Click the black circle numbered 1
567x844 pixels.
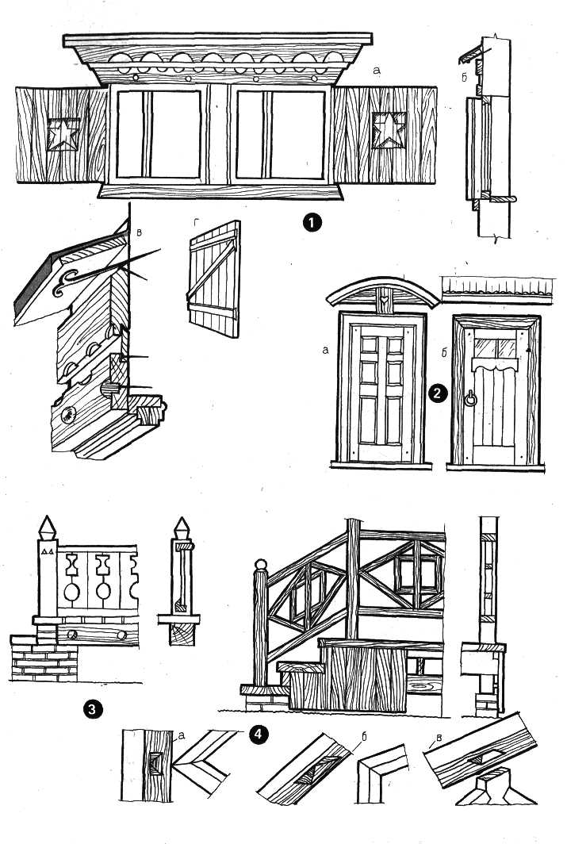(x=312, y=222)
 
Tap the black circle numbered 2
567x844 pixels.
(x=438, y=393)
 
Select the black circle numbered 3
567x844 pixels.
(x=93, y=709)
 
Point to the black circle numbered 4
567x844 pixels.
(x=259, y=735)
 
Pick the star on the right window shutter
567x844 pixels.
(x=389, y=130)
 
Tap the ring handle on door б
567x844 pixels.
(x=471, y=400)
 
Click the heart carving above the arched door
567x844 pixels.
(x=383, y=295)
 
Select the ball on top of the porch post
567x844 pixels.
(x=260, y=565)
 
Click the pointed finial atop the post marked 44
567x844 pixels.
(x=48, y=527)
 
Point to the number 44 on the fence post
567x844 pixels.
(x=48, y=551)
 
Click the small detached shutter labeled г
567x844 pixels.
(x=214, y=279)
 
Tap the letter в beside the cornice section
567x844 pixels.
(x=139, y=232)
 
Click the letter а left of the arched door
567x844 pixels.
(x=325, y=351)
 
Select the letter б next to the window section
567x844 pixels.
(x=464, y=75)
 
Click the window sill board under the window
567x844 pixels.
(x=220, y=191)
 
